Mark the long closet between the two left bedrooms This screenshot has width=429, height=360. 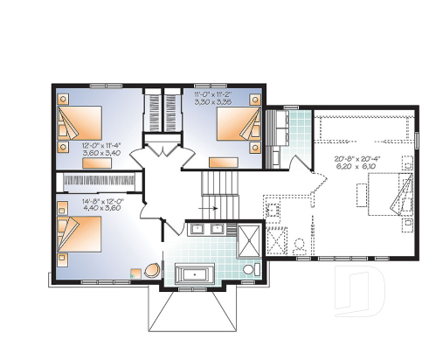coord(97,179)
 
